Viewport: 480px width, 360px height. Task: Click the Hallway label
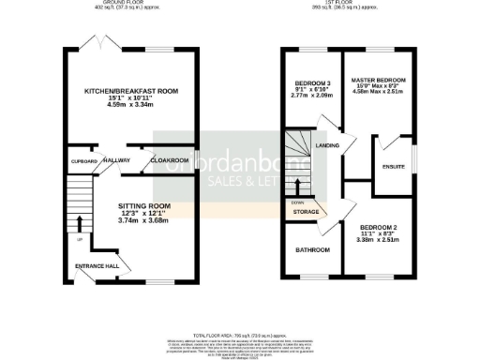[x=115, y=160]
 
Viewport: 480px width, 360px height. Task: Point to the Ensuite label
[x=394, y=166]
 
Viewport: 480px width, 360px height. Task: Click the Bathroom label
[x=312, y=250]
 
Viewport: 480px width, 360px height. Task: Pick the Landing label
[x=328, y=145]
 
